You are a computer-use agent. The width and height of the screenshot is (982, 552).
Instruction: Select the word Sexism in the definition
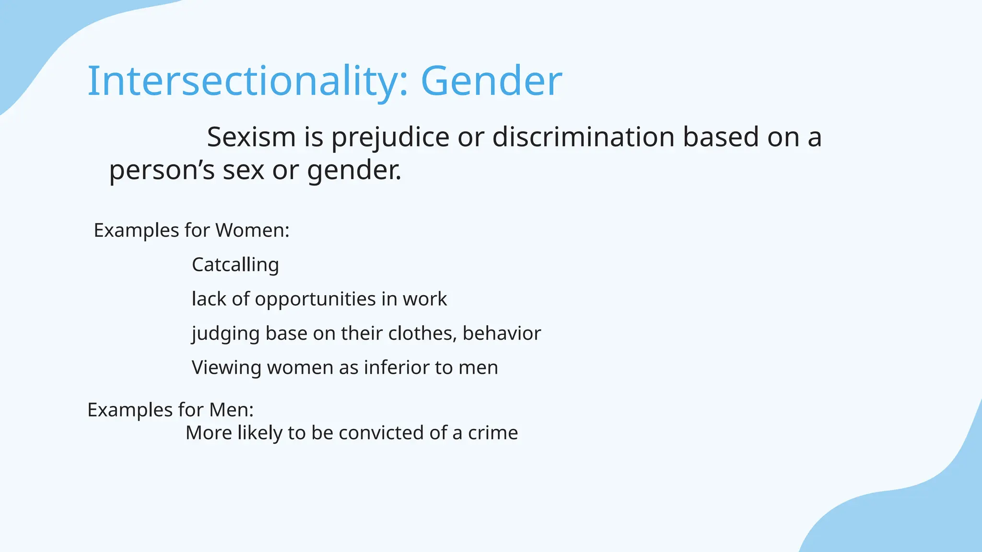click(251, 137)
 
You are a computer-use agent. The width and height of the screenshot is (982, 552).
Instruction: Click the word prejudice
click(390, 138)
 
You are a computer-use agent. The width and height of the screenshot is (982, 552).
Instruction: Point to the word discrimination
click(584, 137)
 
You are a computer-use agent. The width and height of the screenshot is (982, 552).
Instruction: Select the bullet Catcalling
click(235, 265)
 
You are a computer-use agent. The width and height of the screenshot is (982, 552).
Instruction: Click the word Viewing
click(226, 368)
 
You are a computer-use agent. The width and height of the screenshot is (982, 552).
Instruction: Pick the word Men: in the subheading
click(231, 410)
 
